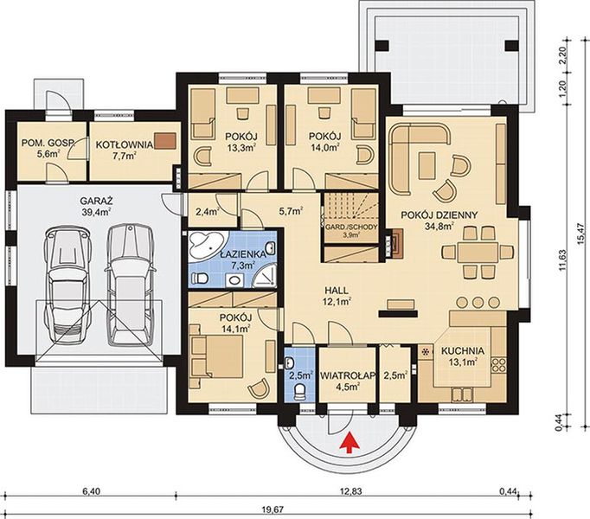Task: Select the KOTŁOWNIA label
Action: tap(125, 144)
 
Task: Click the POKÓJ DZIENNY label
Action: tap(439, 215)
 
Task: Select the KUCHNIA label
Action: tap(463, 351)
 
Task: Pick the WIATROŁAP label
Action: tap(348, 375)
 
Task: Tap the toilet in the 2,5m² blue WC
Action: tap(300, 392)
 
